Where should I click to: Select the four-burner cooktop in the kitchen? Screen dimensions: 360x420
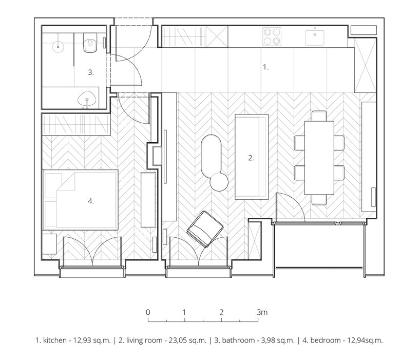[272, 36]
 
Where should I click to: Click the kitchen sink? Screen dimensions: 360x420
[314, 35]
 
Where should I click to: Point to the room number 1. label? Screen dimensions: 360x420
[265, 67]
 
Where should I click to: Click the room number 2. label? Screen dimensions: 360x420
[251, 159]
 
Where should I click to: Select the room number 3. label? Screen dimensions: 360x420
[90, 73]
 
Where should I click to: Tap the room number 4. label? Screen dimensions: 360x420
[90, 201]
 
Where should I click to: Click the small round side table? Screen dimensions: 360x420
[219, 181]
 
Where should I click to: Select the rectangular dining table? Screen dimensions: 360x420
[319, 158]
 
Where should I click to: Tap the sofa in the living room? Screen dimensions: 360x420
[251, 157]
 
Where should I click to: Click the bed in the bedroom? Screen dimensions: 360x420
[81, 199]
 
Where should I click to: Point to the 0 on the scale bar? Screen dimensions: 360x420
[148, 312]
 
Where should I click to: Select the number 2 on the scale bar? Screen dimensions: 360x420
[221, 312]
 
